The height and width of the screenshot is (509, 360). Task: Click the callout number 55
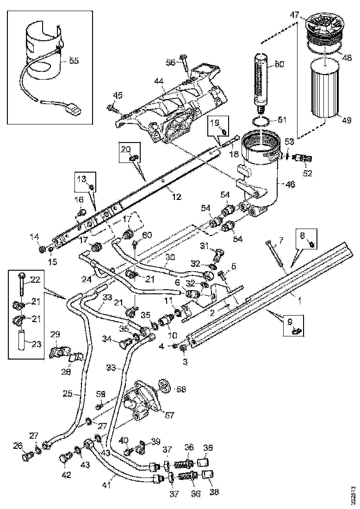tap(74, 60)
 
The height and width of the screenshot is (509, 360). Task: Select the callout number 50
tap(280, 64)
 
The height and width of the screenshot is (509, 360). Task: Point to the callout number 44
tap(159, 81)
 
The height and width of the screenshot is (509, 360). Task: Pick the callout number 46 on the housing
tap(289, 185)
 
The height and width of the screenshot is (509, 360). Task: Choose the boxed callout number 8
tap(303, 236)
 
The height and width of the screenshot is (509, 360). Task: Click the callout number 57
tap(170, 415)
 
